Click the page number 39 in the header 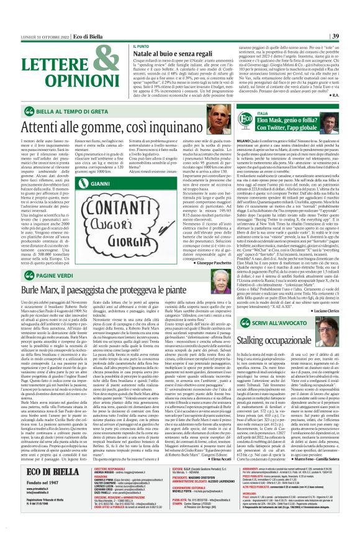coord(352,35)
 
